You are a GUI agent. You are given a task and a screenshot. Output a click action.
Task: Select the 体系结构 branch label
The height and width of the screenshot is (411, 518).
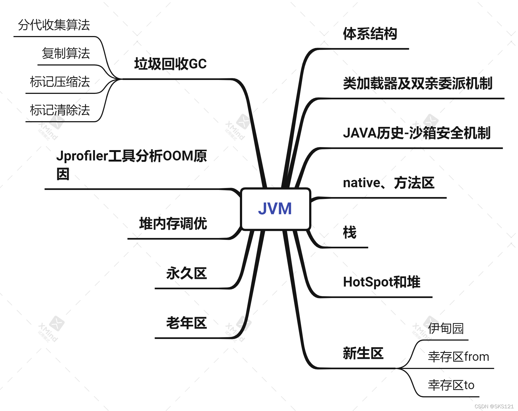(370, 34)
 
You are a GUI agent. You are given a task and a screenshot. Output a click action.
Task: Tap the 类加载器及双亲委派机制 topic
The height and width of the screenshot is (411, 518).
(417, 84)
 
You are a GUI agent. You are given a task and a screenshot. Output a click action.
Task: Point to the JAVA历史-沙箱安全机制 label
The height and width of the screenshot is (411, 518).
(417, 133)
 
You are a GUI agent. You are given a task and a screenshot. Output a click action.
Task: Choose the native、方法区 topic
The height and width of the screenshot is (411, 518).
(388, 183)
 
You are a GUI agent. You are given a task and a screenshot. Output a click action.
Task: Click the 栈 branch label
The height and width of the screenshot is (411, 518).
(350, 233)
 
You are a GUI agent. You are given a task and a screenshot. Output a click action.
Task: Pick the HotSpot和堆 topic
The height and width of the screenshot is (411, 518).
(381, 282)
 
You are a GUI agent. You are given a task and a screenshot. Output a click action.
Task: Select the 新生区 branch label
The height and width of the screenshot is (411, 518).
(363, 353)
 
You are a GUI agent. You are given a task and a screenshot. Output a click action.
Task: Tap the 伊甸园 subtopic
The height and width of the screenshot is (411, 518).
(446, 328)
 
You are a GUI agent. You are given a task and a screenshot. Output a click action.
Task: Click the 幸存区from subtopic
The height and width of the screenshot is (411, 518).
(458, 357)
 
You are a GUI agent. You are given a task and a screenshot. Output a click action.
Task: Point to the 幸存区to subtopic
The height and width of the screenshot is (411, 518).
(451, 385)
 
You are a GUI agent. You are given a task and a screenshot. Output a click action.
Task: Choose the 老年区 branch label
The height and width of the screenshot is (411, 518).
(186, 323)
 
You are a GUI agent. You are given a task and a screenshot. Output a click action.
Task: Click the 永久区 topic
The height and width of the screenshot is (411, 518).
(186, 273)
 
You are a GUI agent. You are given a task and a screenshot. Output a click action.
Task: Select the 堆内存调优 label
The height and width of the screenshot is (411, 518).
(173, 224)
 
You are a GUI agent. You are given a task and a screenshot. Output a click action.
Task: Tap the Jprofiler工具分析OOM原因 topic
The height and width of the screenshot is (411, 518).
(131, 165)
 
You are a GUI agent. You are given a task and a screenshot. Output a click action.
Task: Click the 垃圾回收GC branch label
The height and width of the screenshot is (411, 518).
(170, 64)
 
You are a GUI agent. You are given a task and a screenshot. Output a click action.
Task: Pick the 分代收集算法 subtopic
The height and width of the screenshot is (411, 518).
(54, 25)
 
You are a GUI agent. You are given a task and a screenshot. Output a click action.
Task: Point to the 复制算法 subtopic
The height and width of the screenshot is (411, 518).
(66, 53)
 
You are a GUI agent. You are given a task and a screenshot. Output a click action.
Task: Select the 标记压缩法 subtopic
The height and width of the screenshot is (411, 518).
(60, 82)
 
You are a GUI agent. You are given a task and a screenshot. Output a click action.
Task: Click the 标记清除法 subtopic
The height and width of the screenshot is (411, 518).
(60, 110)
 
